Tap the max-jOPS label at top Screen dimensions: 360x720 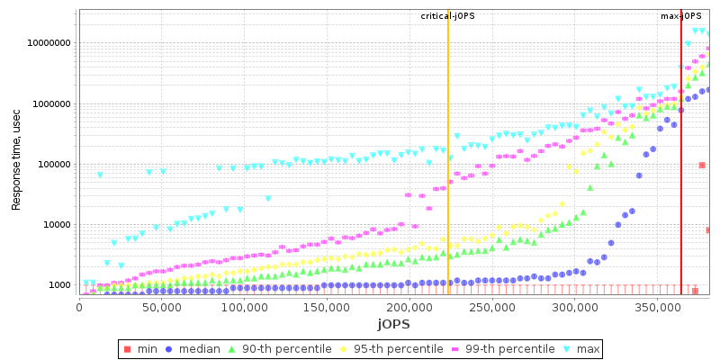click(680, 16)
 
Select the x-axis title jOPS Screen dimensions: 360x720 click(392, 323)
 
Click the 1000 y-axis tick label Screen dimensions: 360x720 click(61, 285)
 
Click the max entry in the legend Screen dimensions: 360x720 click(582, 348)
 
